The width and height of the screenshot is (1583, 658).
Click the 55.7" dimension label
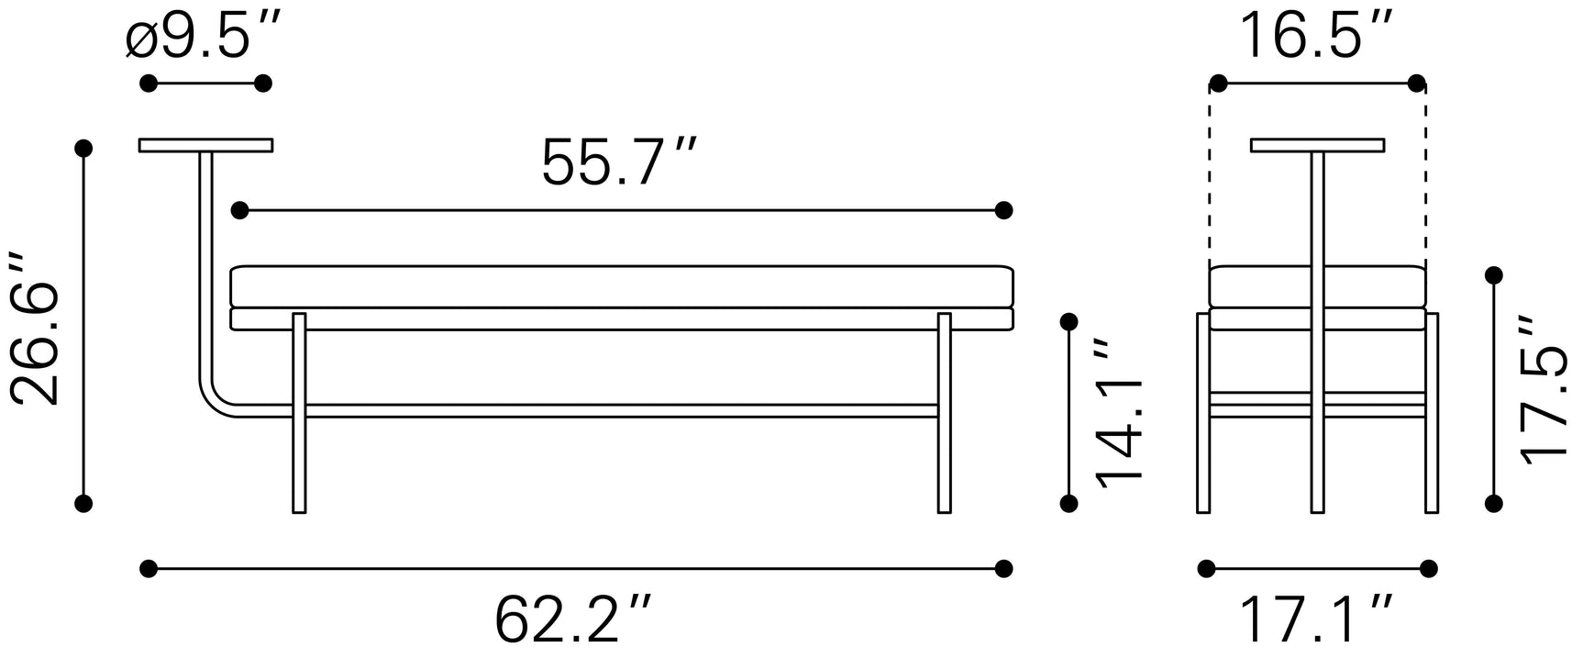pos(619,162)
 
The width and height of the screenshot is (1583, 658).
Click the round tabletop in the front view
pos(206,145)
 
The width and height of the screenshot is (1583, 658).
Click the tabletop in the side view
pos(1318,145)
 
